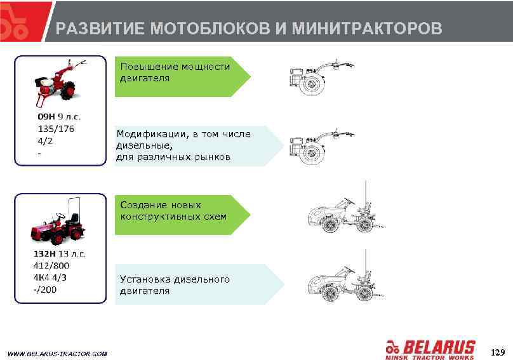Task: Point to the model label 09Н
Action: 46,117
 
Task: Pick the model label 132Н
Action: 47,254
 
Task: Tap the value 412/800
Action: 51,265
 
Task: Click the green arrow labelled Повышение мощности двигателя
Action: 181,76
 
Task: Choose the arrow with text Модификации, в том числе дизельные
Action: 197,145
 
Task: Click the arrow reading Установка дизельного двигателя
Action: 197,284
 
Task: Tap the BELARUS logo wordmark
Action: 438,348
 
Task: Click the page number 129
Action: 497,352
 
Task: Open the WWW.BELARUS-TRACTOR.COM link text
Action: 57,354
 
